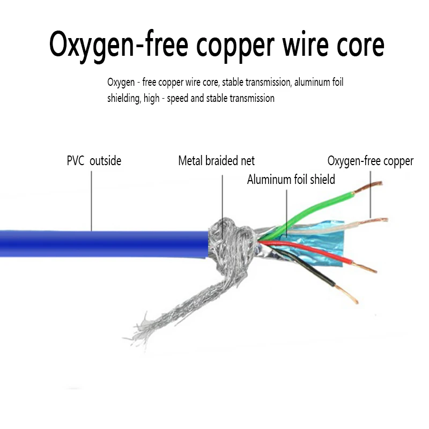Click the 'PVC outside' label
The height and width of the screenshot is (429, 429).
click(x=94, y=160)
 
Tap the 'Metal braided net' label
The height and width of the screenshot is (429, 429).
click(x=216, y=160)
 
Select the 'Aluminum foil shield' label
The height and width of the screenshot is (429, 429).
click(x=291, y=180)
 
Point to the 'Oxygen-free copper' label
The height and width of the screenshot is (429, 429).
click(x=371, y=161)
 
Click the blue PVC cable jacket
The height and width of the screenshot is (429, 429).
click(x=104, y=244)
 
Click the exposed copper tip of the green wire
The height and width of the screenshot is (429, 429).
click(x=368, y=187)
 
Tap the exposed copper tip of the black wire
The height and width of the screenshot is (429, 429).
click(x=346, y=294)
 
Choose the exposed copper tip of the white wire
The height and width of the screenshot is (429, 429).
click(x=374, y=220)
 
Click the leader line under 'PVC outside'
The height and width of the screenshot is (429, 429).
click(x=91, y=201)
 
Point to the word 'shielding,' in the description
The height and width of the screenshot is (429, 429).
click(x=124, y=99)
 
